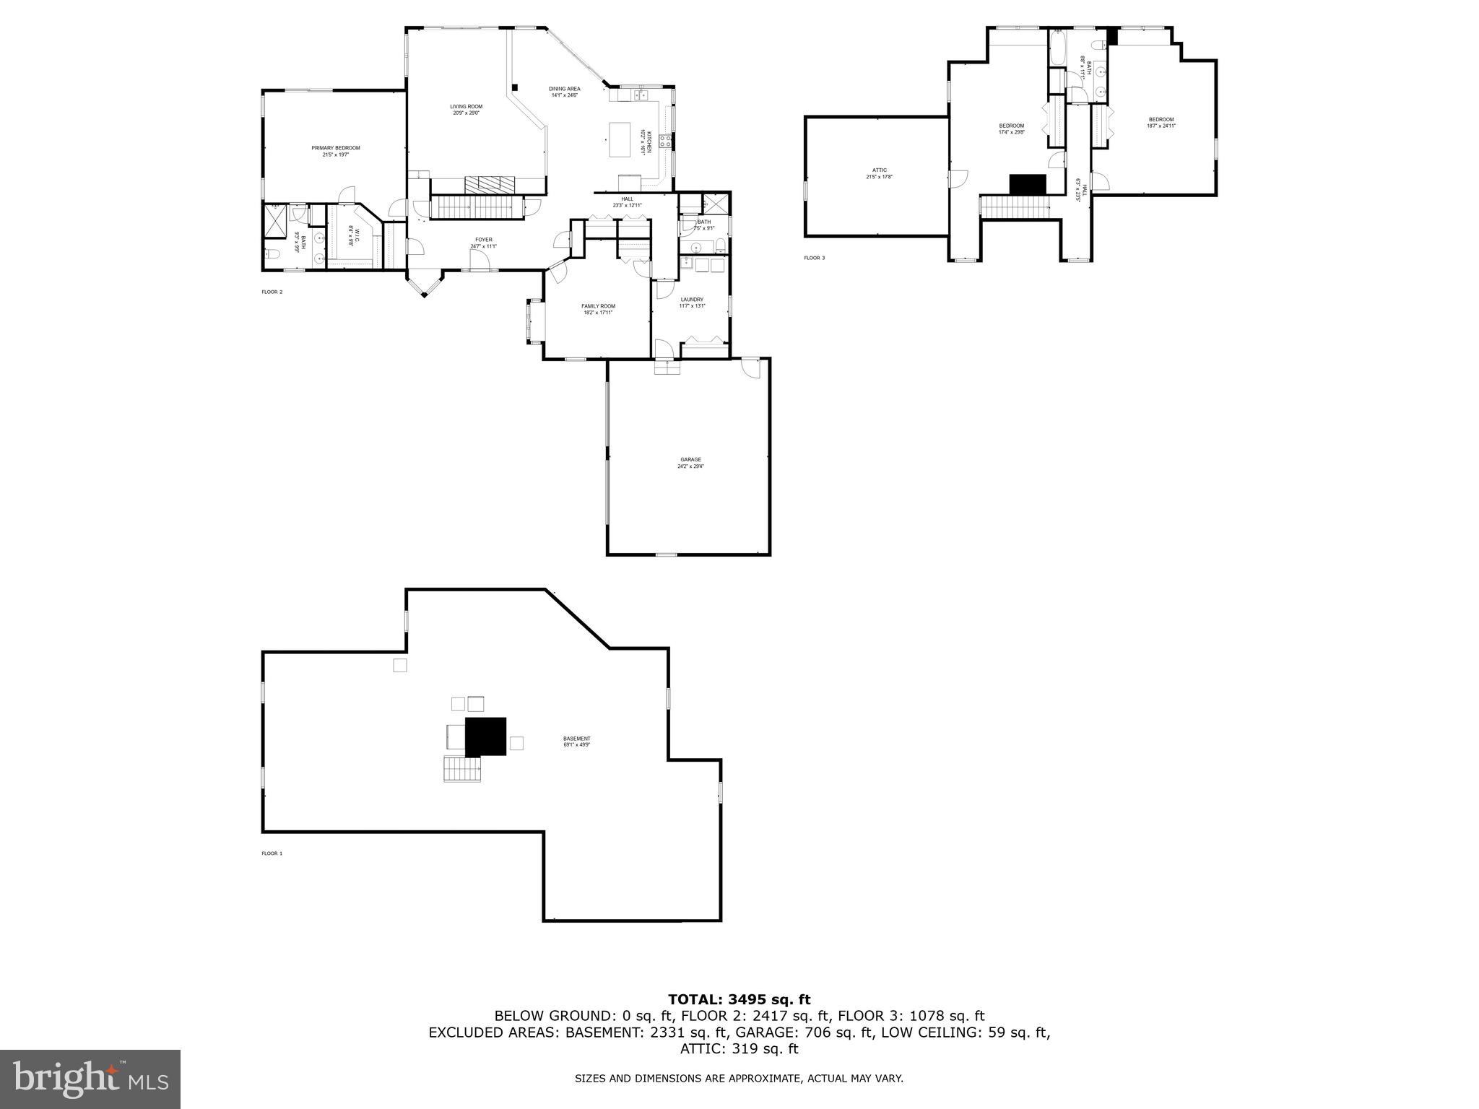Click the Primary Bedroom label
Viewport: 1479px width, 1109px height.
point(335,151)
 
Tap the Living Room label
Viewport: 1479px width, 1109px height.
point(466,109)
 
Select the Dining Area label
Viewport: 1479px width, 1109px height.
point(565,92)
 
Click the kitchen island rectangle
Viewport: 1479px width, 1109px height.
point(620,139)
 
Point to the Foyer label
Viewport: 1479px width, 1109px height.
point(483,243)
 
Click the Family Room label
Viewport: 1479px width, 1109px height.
point(598,309)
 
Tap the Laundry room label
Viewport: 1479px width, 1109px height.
point(692,302)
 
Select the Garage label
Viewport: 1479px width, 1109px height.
point(690,462)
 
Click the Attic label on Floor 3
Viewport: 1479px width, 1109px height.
point(879,173)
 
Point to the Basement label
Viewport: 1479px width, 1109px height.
point(576,741)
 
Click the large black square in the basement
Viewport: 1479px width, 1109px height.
point(485,736)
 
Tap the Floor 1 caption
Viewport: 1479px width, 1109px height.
point(272,853)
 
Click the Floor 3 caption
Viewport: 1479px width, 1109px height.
point(814,258)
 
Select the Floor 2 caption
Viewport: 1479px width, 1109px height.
point(272,292)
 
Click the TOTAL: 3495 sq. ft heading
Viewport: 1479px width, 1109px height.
point(739,999)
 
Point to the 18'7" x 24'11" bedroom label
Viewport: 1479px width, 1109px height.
point(1161,123)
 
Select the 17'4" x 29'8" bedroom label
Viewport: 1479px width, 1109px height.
point(1011,129)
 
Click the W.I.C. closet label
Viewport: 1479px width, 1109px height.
point(352,237)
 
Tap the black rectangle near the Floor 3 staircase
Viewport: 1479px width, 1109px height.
point(1027,184)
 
